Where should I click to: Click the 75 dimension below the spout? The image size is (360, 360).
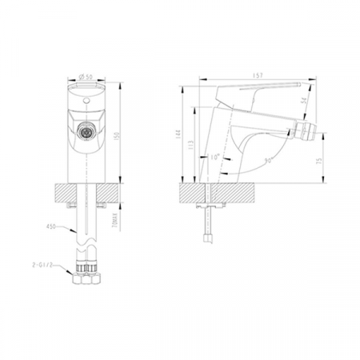(x=321, y=160)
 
